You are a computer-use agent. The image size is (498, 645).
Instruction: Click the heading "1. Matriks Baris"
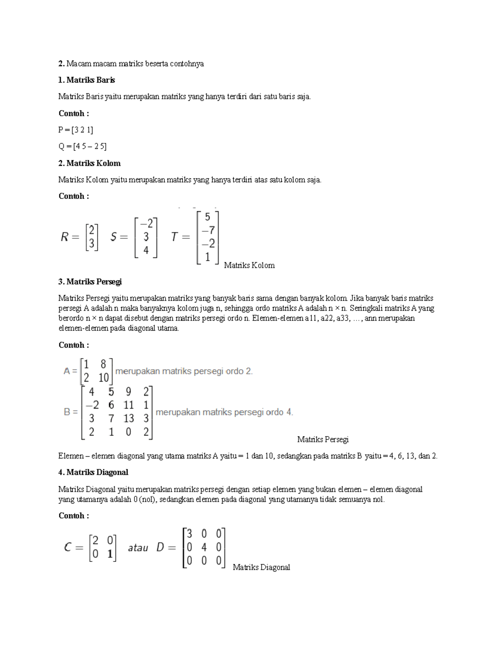click(87, 80)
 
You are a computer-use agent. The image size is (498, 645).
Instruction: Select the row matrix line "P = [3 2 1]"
click(76, 130)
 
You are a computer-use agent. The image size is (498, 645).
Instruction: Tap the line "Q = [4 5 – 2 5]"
click(83, 147)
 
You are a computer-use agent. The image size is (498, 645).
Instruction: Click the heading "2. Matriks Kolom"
click(89, 163)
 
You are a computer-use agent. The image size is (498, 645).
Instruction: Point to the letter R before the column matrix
click(64, 237)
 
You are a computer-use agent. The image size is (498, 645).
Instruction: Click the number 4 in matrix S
click(146, 250)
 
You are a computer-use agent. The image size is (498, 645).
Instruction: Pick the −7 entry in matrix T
click(207, 230)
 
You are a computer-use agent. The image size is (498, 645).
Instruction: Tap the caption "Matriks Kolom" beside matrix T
click(249, 265)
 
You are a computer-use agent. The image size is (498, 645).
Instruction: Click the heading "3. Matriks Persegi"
click(90, 282)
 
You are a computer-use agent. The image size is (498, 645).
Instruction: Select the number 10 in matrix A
click(103, 378)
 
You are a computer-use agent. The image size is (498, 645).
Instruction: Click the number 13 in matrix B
click(129, 419)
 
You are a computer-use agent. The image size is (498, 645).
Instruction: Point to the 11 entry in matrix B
click(129, 405)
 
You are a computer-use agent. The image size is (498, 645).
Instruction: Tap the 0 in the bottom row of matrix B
click(129, 432)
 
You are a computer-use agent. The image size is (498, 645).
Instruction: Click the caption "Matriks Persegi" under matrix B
click(322, 439)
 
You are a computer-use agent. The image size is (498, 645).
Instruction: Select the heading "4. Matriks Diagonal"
click(93, 472)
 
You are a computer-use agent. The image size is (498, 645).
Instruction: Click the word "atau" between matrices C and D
click(138, 548)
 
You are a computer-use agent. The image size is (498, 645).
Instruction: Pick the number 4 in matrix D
click(204, 547)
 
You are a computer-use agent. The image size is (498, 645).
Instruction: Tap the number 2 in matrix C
click(95, 540)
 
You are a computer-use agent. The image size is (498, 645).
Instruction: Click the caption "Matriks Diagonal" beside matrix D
click(261, 567)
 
